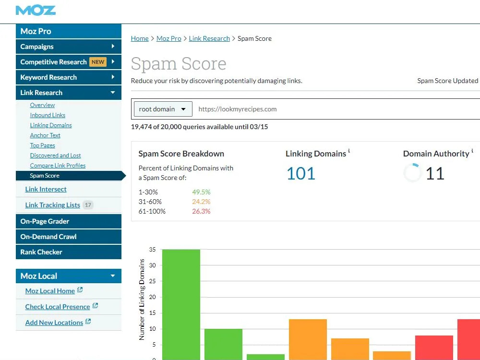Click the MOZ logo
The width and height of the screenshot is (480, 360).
point(36,11)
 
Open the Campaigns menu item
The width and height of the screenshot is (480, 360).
point(69,47)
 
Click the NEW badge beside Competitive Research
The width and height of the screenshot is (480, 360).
point(98,62)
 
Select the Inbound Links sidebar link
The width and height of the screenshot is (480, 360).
point(48,115)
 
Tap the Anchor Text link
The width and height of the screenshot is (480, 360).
point(45,135)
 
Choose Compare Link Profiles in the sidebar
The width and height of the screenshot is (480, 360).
point(58,166)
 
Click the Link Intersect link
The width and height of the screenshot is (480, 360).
point(46,189)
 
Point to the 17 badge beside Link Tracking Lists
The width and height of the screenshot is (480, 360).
point(88,205)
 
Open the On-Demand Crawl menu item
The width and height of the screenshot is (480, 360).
point(69,237)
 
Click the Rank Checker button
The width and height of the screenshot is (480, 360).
point(69,252)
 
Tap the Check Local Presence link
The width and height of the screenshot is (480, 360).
point(58,307)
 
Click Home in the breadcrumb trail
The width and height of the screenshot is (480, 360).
point(140,38)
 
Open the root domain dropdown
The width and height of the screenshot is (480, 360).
point(163,109)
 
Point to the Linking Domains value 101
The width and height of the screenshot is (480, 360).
point(301,174)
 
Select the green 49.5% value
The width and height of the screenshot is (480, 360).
point(201,192)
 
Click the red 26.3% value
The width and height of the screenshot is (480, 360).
point(201,211)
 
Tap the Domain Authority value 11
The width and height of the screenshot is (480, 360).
point(435,174)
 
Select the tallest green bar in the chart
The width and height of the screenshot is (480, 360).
point(181,305)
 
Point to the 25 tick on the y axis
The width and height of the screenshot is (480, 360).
point(152,281)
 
